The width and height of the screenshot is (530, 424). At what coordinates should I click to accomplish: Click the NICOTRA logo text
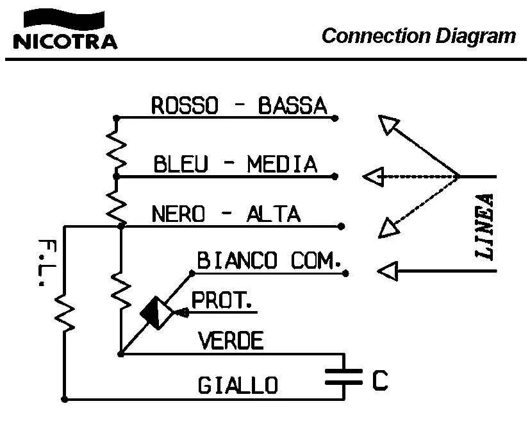pos(65,42)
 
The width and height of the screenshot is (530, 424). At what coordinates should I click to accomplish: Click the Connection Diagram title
pos(418,35)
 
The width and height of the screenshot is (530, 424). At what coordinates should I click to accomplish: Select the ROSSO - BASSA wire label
pos(238,106)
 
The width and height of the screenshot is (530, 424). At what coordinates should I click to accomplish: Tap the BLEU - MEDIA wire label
pos(235,164)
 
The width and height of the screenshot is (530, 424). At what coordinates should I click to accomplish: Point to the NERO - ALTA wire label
pos(226,214)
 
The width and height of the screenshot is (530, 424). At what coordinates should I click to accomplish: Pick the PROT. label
pos(222,300)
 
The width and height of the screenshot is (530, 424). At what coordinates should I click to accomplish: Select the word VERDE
pos(231,341)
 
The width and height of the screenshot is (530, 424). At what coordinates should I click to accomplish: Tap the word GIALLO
pos(238,386)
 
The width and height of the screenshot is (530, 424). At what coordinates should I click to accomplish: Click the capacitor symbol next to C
pos(344,377)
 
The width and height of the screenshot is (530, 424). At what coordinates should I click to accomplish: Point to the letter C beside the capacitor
pos(379,380)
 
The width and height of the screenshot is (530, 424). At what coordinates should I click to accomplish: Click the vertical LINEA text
pos(485,226)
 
